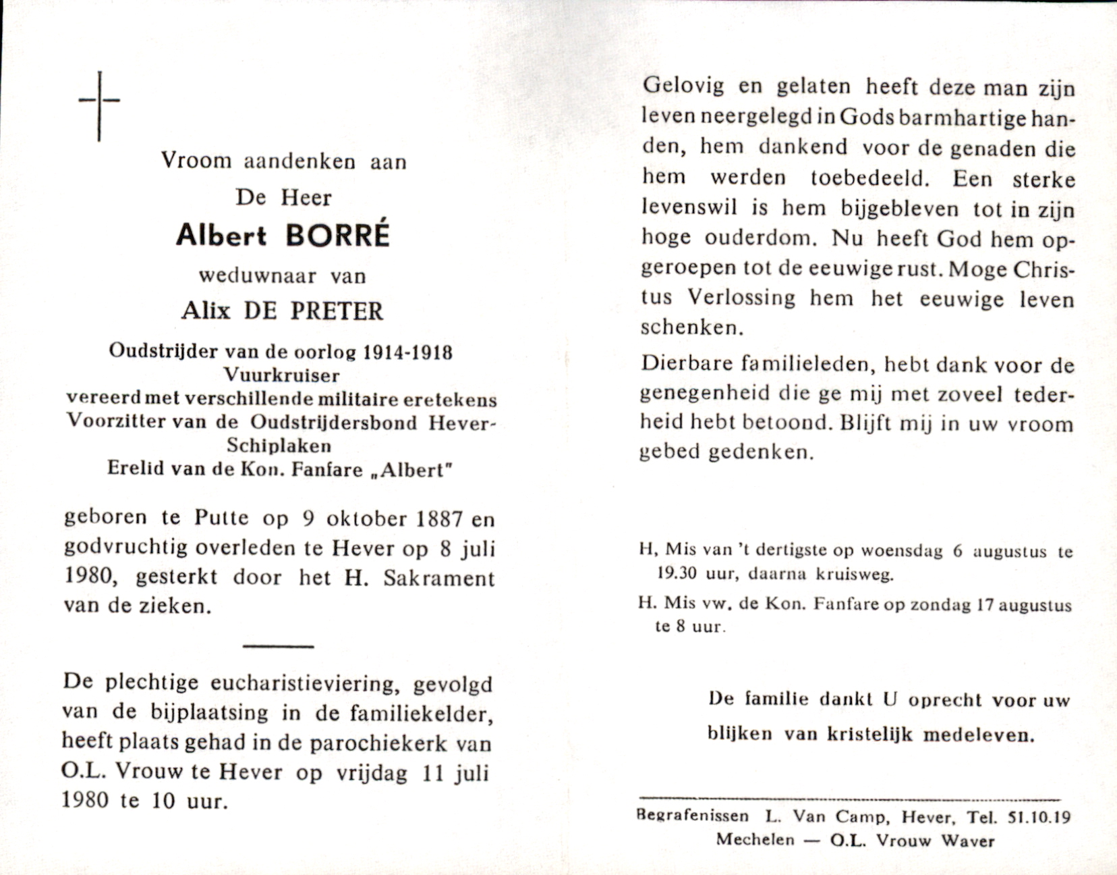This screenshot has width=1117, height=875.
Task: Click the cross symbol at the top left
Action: point(99,105)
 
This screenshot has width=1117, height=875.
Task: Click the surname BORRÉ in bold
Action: point(338,235)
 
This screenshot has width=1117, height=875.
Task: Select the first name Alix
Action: point(206,310)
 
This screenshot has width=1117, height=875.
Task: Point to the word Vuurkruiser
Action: point(282,375)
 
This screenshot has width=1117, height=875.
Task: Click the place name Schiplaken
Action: point(279,446)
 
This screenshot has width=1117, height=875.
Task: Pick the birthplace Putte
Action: point(221,518)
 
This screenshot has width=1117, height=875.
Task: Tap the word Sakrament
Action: point(438,578)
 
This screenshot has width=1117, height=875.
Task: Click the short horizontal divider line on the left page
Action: point(278,646)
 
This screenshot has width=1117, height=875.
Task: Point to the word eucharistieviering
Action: point(302,683)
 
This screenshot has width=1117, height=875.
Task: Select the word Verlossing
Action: point(741,297)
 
